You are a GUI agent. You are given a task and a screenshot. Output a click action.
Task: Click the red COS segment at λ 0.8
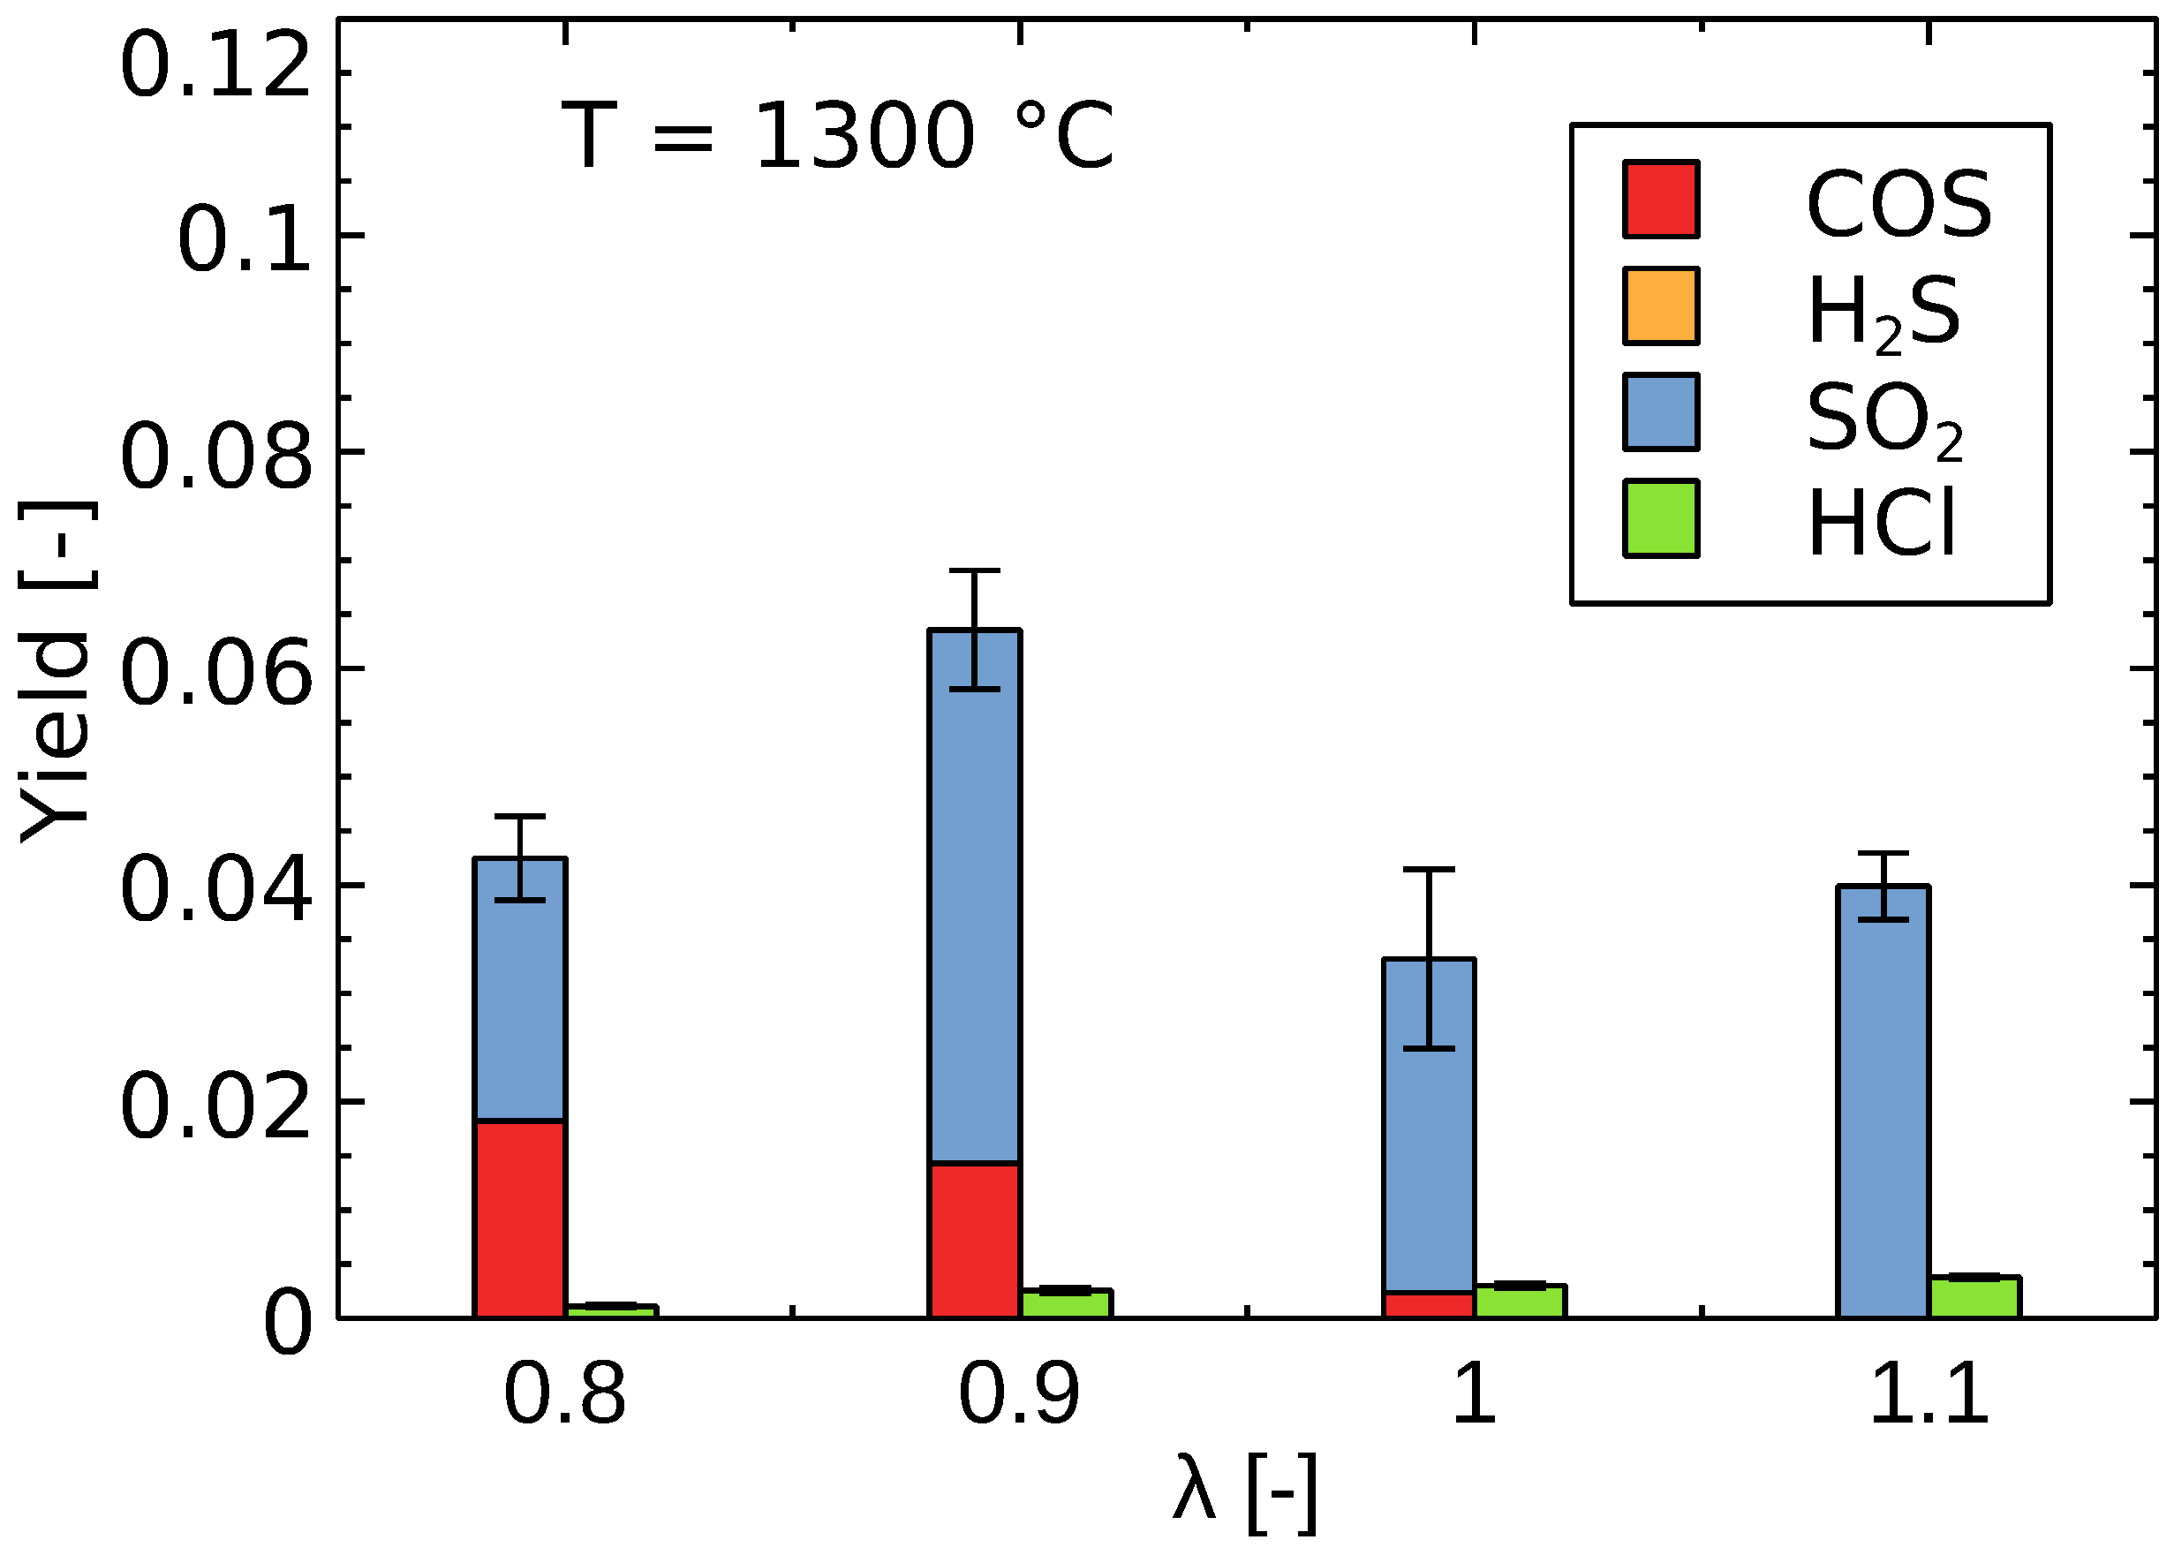pyautogui.click(x=519, y=1218)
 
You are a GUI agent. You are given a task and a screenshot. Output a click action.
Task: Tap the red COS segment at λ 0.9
pyautogui.click(x=974, y=1240)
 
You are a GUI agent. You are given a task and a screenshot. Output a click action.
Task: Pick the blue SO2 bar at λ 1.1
pyautogui.click(x=1882, y=1101)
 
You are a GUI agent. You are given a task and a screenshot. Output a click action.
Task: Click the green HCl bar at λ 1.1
pyautogui.click(x=1974, y=1297)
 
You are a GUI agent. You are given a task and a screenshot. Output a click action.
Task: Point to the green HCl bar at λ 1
pyautogui.click(x=1519, y=1302)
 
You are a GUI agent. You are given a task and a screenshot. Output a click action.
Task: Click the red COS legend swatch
pyautogui.click(x=1661, y=200)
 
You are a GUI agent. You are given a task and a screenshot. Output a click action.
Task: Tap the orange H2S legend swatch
pyautogui.click(x=1661, y=306)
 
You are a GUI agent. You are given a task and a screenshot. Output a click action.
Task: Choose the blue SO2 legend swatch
pyautogui.click(x=1661, y=411)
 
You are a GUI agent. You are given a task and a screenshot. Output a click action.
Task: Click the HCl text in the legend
pyautogui.click(x=1881, y=522)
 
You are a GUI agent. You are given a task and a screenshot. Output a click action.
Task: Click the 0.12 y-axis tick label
pyautogui.click(x=216, y=67)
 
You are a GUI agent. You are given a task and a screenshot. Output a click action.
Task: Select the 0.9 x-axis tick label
pyautogui.click(x=1018, y=1395)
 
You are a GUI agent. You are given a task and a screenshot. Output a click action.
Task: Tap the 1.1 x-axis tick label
pyautogui.click(x=1928, y=1395)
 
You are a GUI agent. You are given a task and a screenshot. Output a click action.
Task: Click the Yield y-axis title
pyautogui.click(x=56, y=670)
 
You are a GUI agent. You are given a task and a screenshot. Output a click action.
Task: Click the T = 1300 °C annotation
pyautogui.click(x=838, y=136)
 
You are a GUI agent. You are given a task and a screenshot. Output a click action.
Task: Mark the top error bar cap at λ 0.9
pyautogui.click(x=974, y=570)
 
